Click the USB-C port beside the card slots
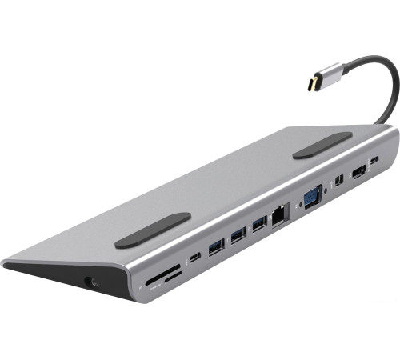point(195,258)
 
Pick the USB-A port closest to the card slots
point(217,247)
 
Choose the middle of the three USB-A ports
point(238,235)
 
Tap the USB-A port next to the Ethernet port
point(259,225)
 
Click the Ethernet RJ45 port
point(280,214)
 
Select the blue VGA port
point(311,195)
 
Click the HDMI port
point(358,170)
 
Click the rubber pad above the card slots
point(153,230)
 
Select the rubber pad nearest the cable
point(322,144)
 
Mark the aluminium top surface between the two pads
point(240,184)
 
